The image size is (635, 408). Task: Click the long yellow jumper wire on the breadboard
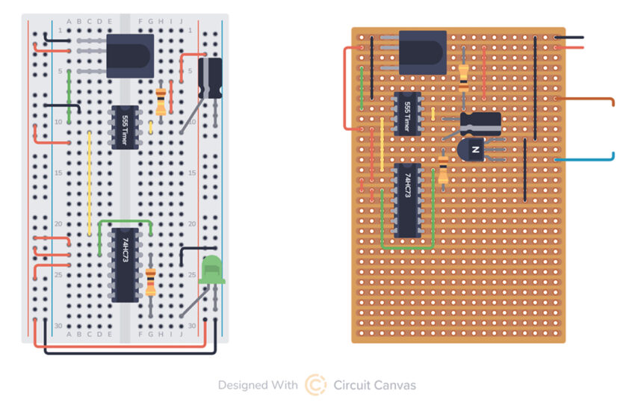click(x=90, y=183)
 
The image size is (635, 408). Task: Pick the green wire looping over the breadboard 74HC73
click(x=126, y=222)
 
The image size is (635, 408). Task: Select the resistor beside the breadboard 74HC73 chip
click(x=152, y=282)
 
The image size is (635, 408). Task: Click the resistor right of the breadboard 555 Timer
click(x=161, y=101)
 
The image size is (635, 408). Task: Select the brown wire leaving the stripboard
click(x=590, y=99)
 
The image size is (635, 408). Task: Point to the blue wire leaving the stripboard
click(x=590, y=159)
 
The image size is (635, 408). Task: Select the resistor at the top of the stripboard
click(x=464, y=76)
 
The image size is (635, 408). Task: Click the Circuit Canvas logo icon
click(x=315, y=385)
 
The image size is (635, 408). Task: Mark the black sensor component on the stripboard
click(x=423, y=53)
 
